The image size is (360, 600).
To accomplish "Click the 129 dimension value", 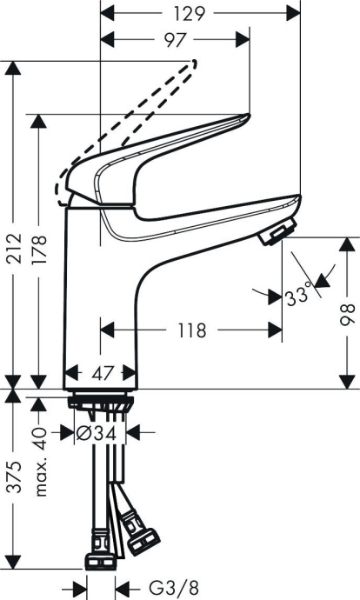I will (195, 14).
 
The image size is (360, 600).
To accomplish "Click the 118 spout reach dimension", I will (191, 330).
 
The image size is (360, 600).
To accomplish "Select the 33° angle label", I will (298, 296).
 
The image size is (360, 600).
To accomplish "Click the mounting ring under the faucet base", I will (101, 401).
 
